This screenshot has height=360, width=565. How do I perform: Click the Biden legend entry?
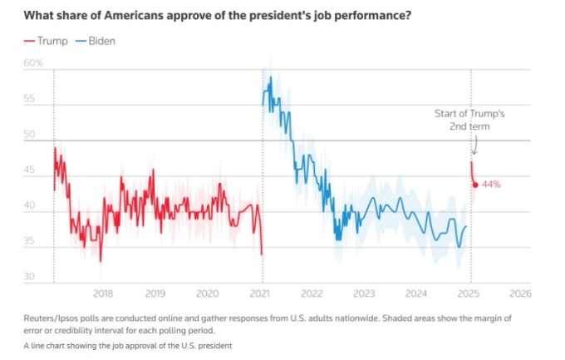click(96, 41)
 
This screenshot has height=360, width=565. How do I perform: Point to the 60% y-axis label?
click(33, 63)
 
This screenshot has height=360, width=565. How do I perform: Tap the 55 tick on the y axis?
click(30, 99)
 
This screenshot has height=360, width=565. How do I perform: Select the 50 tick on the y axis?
click(30, 135)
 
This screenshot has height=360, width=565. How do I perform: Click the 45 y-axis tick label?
click(30, 171)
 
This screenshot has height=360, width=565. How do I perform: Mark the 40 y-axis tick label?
click(30, 207)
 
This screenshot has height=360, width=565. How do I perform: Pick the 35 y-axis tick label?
click(30, 242)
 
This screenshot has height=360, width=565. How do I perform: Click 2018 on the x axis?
click(103, 293)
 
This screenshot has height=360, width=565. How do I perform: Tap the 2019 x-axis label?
click(155, 293)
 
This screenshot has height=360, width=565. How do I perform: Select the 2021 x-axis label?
click(261, 293)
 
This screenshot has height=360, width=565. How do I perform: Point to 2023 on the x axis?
click(364, 293)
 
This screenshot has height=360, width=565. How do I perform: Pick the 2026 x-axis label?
click(520, 293)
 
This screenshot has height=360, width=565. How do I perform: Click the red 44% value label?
click(490, 185)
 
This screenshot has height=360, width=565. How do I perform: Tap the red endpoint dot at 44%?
click(474, 185)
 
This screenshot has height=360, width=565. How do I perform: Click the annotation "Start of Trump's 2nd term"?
click(469, 120)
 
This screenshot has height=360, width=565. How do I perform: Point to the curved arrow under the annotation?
click(474, 145)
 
